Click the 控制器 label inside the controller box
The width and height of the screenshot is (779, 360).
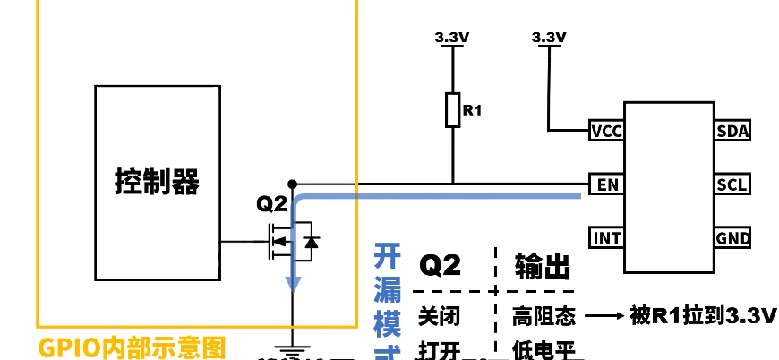[157, 182]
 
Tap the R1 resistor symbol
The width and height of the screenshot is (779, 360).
[453, 110]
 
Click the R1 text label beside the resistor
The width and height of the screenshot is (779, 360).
[472, 111]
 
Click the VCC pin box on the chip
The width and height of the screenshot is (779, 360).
[606, 132]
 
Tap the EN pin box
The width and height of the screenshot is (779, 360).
[606, 185]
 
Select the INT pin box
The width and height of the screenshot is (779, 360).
[606, 238]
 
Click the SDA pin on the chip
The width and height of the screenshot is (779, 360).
[732, 132]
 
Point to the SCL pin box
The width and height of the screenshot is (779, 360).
[732, 185]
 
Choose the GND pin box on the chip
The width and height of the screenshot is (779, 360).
[732, 238]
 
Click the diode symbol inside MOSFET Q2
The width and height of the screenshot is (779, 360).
[310, 242]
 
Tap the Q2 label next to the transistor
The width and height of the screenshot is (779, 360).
[271, 204]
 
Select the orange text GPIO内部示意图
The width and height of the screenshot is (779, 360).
[132, 347]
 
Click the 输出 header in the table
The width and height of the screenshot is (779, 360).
[542, 265]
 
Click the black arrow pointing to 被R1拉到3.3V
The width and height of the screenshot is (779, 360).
[604, 316]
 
